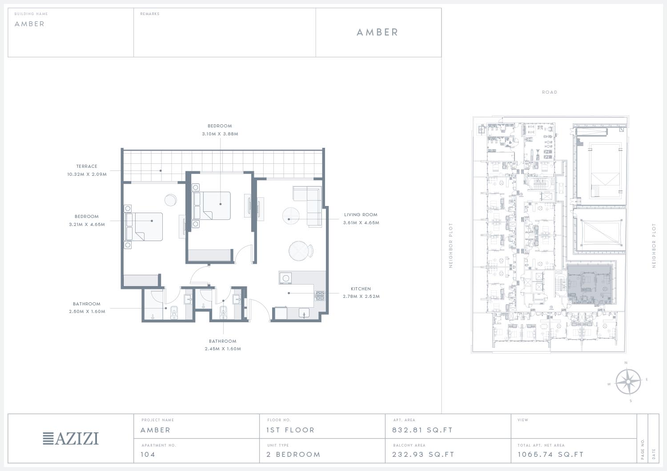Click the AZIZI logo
click(x=71, y=439)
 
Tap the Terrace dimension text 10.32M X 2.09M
click(x=87, y=174)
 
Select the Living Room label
click(x=361, y=215)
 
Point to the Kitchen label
click(x=361, y=289)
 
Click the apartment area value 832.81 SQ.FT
click(x=422, y=430)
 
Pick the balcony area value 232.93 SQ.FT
click(x=423, y=454)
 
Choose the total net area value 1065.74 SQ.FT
click(x=550, y=454)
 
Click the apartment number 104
click(x=148, y=454)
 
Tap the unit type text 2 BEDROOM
click(x=293, y=454)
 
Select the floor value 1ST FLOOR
click(x=290, y=430)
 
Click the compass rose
click(x=628, y=382)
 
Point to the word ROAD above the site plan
click(x=549, y=92)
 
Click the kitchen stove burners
click(x=320, y=296)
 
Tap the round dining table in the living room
click(x=299, y=251)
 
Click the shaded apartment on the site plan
click(x=590, y=285)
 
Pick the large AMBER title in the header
click(x=377, y=32)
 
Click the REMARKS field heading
click(x=150, y=14)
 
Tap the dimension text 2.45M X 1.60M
click(x=223, y=349)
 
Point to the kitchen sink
click(x=304, y=313)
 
